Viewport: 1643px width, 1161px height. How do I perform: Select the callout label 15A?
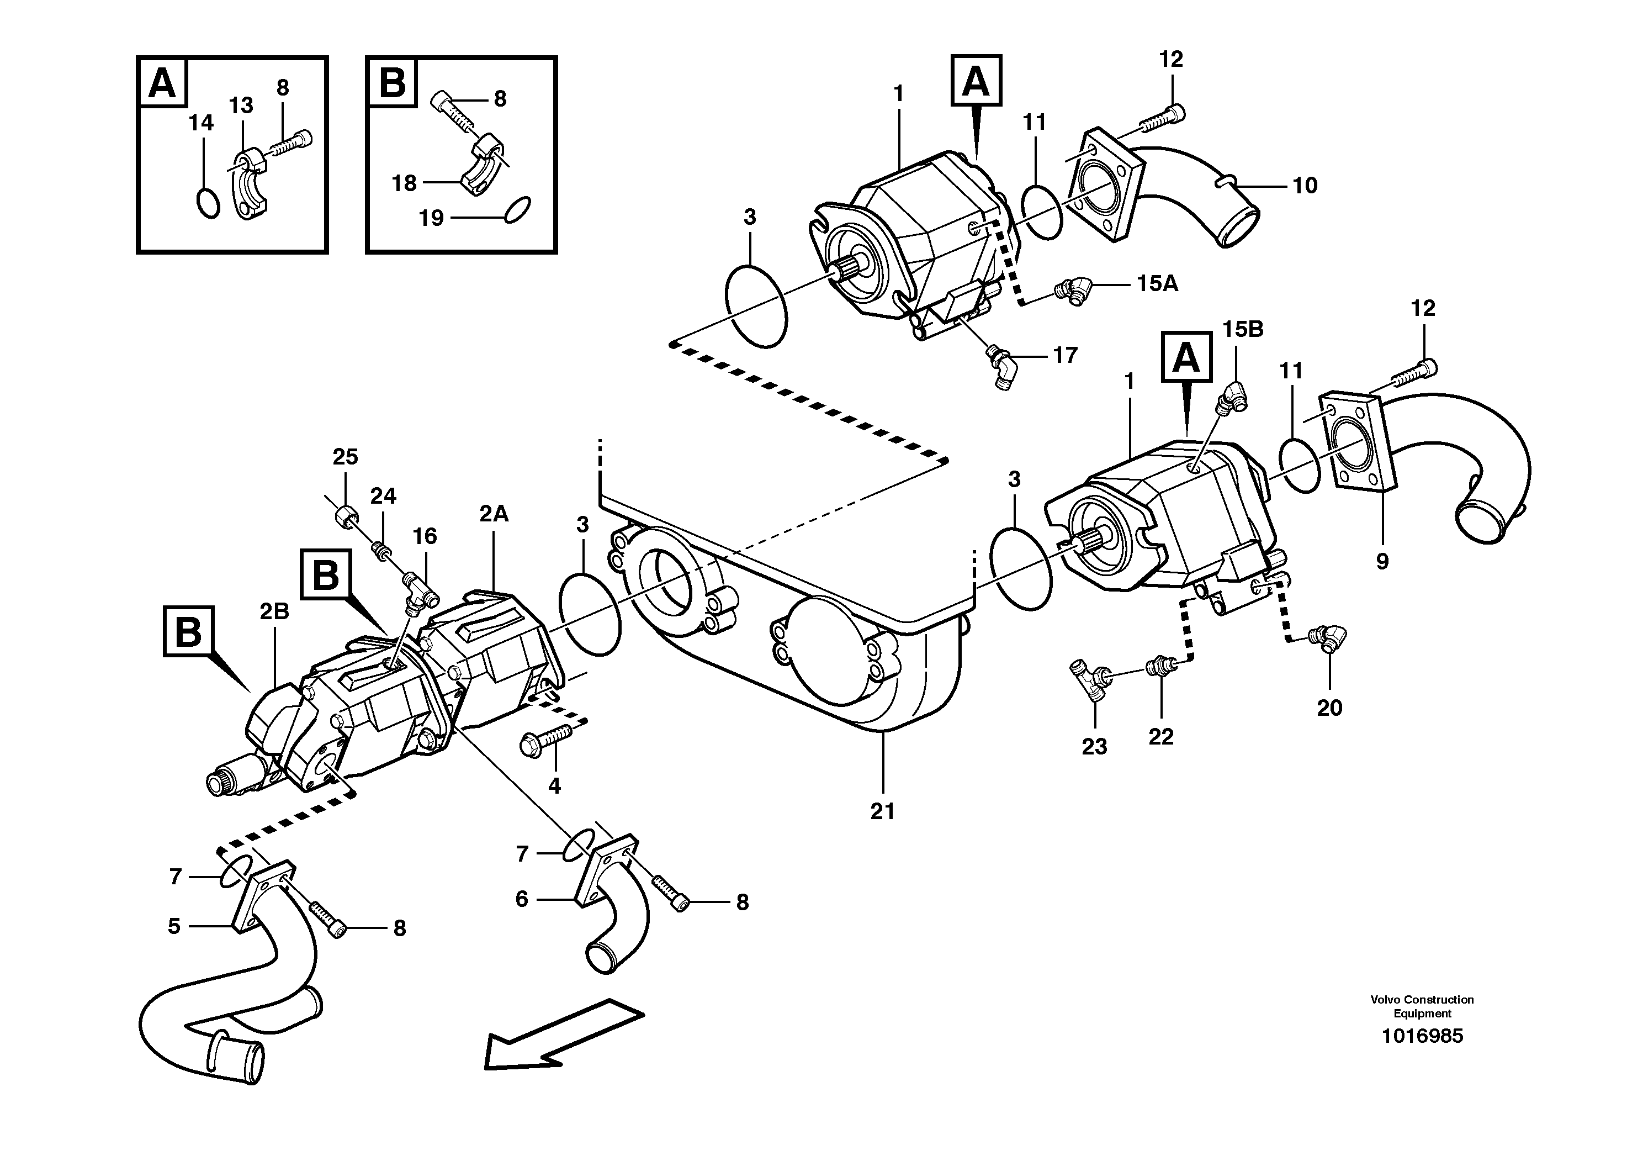(x=1157, y=284)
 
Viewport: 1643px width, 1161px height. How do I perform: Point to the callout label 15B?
(x=1242, y=329)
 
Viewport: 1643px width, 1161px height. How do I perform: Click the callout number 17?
(x=1065, y=355)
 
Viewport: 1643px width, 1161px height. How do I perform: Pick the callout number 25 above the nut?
(x=345, y=457)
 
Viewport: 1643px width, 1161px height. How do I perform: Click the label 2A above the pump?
(x=494, y=513)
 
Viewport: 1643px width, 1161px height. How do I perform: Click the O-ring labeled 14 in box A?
(x=208, y=203)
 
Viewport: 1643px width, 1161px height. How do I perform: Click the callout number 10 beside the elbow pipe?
(x=1305, y=186)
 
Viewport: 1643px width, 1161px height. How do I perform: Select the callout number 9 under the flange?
(x=1382, y=561)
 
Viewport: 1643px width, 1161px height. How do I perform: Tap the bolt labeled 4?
(x=548, y=738)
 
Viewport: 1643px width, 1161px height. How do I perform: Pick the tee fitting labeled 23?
(x=1089, y=675)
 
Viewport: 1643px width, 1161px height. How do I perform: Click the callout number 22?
(x=1160, y=737)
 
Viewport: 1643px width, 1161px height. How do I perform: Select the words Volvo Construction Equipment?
(x=1421, y=1006)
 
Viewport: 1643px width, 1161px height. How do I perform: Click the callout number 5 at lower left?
(x=174, y=926)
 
